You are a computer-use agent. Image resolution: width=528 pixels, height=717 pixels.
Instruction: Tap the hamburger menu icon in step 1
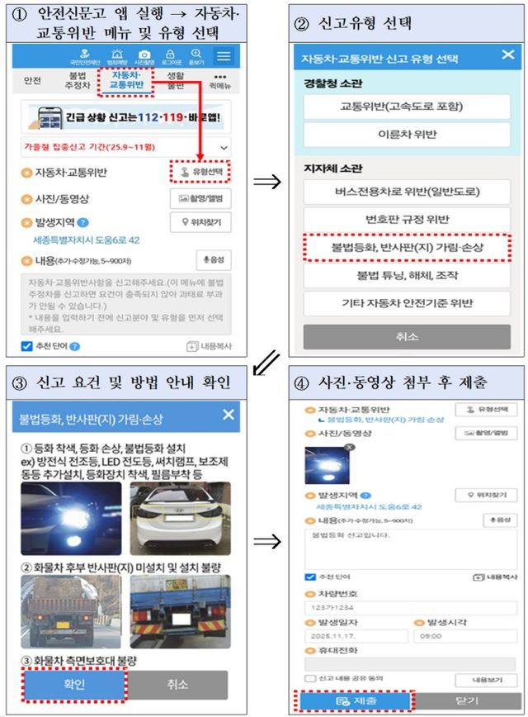(x=224, y=56)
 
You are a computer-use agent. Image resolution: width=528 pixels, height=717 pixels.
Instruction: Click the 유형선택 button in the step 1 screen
(x=201, y=172)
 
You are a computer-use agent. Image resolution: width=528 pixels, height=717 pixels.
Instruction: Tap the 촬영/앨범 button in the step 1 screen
(x=200, y=198)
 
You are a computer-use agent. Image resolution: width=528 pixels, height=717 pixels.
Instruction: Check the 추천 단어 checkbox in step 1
(x=26, y=346)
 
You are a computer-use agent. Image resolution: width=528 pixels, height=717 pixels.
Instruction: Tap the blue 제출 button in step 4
(x=354, y=701)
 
